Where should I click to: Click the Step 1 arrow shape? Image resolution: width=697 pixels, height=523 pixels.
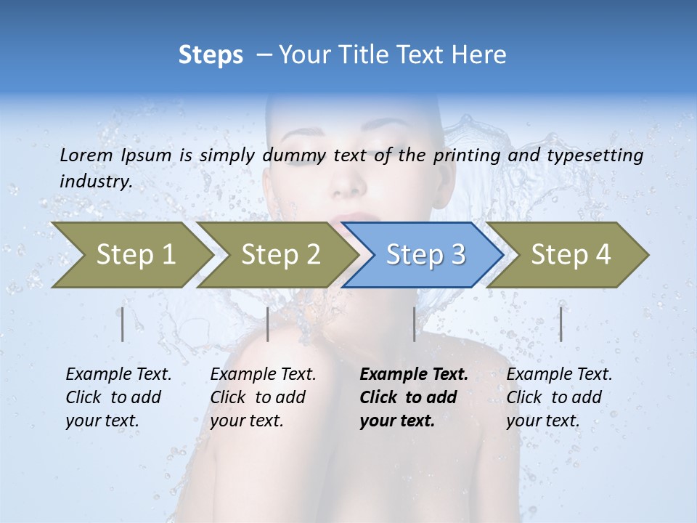(x=135, y=255)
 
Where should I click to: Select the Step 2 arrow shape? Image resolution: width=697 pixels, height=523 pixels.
(x=280, y=255)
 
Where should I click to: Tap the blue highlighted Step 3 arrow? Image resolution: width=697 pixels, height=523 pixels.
(x=425, y=255)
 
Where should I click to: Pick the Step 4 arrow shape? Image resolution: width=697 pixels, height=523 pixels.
(x=571, y=255)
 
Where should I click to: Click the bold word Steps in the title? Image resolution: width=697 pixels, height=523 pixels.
(x=211, y=54)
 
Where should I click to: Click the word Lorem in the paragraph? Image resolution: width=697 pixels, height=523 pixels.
(x=86, y=155)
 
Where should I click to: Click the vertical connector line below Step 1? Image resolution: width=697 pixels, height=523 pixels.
(x=123, y=324)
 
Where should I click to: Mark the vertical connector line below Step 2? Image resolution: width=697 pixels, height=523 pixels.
(x=268, y=324)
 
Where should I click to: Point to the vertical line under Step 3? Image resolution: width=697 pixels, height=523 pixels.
(x=414, y=324)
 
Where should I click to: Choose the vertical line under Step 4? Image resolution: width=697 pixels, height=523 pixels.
(x=561, y=324)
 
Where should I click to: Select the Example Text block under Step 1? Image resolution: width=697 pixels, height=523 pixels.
(x=118, y=397)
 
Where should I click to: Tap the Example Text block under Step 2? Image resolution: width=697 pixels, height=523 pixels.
(x=263, y=397)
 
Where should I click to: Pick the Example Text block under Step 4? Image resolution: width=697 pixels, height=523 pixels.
(x=559, y=397)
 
